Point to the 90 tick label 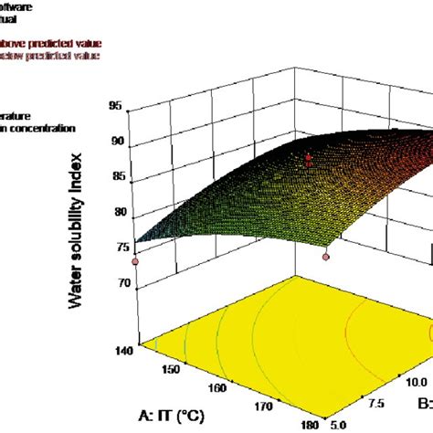[x=116, y=143]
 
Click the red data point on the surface [x=309, y=160]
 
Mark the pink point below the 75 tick [x=135, y=261]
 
